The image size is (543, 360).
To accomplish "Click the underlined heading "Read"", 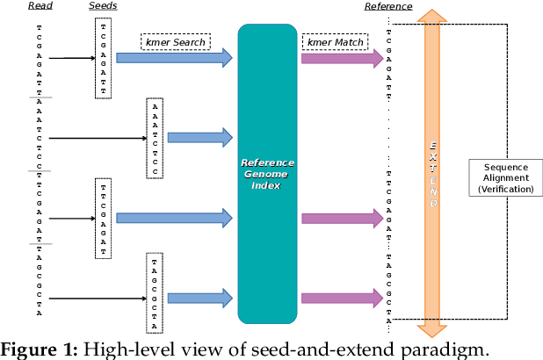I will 40,7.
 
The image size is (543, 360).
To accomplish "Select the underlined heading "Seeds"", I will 103,7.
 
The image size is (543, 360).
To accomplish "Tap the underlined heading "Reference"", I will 388,7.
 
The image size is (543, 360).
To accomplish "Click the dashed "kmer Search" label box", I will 175,42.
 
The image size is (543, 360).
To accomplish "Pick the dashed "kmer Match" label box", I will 333,42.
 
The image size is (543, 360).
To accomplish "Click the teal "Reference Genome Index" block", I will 268,176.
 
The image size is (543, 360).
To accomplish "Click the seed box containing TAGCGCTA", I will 156,294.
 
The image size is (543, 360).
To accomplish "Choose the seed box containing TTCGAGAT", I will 103,218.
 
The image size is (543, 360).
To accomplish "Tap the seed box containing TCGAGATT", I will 103,58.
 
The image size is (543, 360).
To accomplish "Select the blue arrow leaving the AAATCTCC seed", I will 200,137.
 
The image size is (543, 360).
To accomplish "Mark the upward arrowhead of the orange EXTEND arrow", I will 431,16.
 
